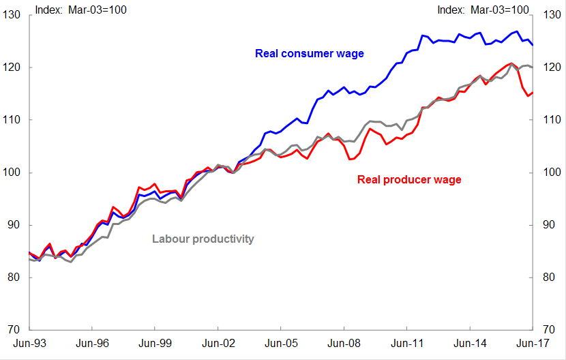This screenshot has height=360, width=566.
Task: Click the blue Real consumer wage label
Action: pos(310,53)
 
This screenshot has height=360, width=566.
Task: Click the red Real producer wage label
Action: pos(409,180)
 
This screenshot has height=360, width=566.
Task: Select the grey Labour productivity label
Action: pos(203,239)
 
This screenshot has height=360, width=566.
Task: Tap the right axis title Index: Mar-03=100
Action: pos(483,10)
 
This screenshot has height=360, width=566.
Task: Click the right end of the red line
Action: pos(532,93)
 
